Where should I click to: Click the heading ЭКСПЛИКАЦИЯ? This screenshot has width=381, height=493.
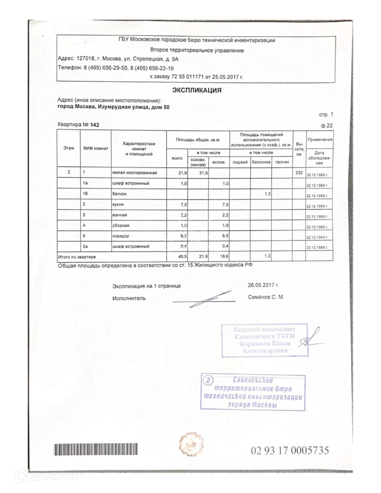pyautogui.click(x=196, y=90)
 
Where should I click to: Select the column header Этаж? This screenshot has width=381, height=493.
pyautogui.click(x=69, y=148)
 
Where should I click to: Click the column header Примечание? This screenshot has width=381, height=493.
pyautogui.click(x=320, y=140)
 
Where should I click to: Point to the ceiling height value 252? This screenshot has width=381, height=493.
pyautogui.click(x=299, y=173)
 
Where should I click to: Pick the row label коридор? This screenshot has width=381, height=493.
pyautogui.click(x=121, y=236)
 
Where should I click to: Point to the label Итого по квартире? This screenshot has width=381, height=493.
pyautogui.click(x=77, y=257)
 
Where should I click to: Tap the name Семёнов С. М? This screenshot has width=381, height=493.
pyautogui.click(x=266, y=297)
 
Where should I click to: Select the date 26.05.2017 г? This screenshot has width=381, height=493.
pyautogui.click(x=264, y=285)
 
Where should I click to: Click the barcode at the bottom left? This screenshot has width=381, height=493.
pyautogui.click(x=95, y=449)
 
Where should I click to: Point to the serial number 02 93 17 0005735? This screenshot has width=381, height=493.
pyautogui.click(x=290, y=450)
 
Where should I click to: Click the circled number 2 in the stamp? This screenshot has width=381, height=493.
pyautogui.click(x=208, y=381)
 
